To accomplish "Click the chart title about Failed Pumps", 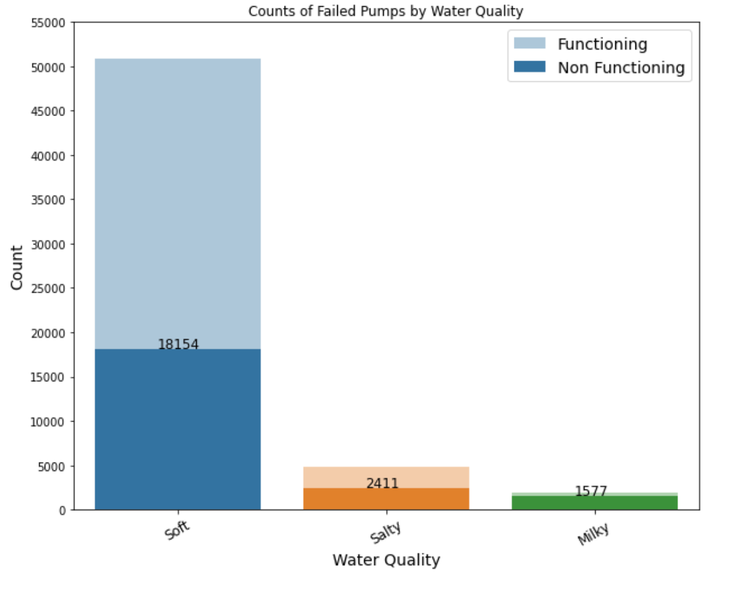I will coord(386,10).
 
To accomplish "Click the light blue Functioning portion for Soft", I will coord(178,202).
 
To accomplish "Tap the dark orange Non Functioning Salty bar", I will coord(386,500).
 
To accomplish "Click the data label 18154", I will coord(178,345).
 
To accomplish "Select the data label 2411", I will coord(382,484).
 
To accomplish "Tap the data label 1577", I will coord(591,491).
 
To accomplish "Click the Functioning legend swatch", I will coord(529,44).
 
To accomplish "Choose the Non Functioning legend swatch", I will coord(529,67).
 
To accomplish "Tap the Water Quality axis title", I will coord(386,560).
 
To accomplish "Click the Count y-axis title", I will coord(17,267).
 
